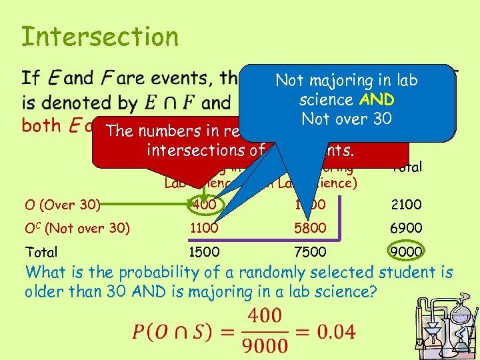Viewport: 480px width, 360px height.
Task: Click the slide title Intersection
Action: pyautogui.click(x=100, y=37)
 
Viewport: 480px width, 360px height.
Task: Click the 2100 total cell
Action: pyautogui.click(x=406, y=205)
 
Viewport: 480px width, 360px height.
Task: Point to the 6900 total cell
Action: pyautogui.click(x=406, y=228)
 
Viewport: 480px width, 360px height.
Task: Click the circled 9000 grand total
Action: pyautogui.click(x=406, y=252)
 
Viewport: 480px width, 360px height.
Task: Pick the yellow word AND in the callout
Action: pyautogui.click(x=377, y=100)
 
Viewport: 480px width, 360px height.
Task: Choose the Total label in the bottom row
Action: pyautogui.click(x=41, y=252)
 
